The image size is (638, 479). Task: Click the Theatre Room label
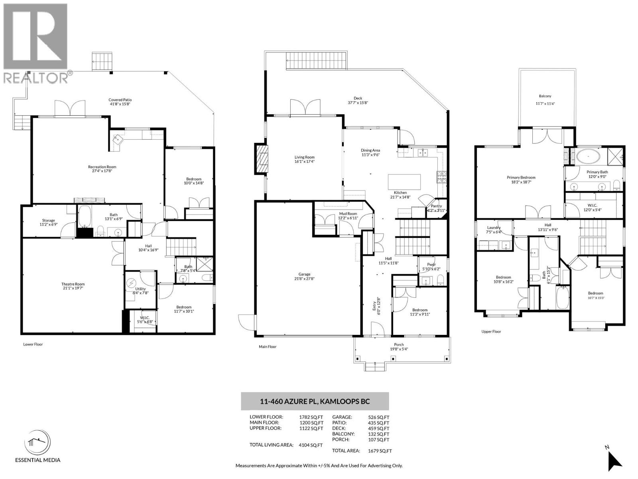click(73, 284)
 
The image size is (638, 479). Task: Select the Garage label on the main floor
click(304, 274)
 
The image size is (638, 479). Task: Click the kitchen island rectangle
click(404, 182)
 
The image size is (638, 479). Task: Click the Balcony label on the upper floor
click(545, 96)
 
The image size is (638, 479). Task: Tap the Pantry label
click(436, 206)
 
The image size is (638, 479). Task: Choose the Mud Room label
click(348, 214)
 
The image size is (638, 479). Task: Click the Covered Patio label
click(120, 100)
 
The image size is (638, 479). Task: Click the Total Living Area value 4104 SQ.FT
click(311, 445)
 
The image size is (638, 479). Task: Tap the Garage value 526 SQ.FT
click(378, 418)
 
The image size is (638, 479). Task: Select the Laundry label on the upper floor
click(494, 228)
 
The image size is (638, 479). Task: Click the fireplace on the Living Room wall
click(261, 159)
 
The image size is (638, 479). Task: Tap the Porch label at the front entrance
click(399, 344)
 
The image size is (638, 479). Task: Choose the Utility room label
click(140, 289)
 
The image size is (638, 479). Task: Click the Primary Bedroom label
click(521, 177)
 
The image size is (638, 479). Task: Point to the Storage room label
click(49, 220)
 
